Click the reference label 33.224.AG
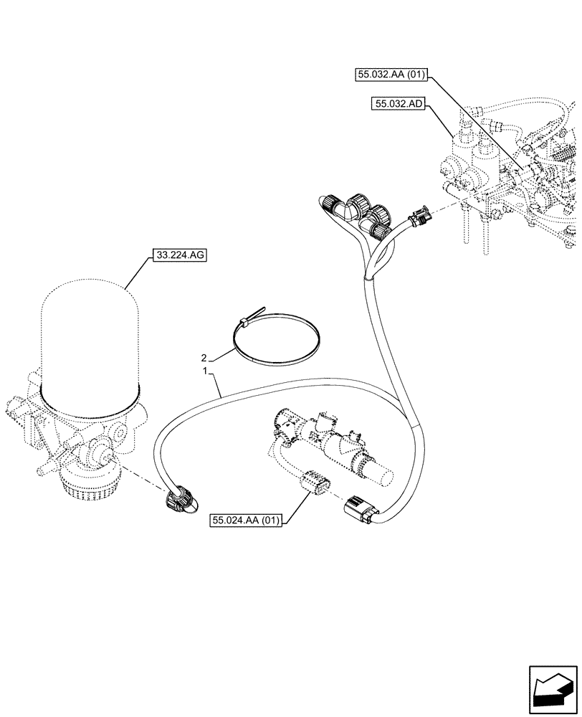click(178, 255)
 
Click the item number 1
click(206, 372)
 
